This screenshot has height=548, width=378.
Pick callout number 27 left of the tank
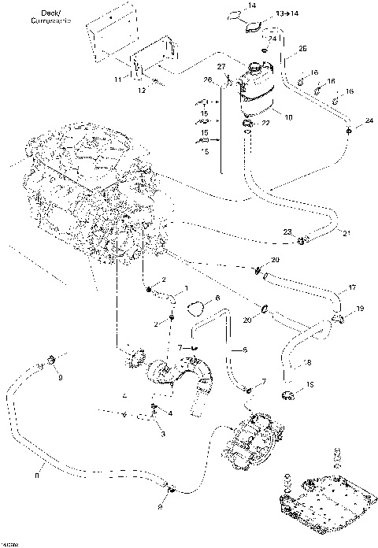click(222, 66)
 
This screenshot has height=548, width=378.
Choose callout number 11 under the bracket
click(117, 80)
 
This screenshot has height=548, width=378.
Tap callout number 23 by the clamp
click(289, 231)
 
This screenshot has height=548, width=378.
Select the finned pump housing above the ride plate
click(254, 442)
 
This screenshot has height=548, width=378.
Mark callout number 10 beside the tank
click(288, 117)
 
